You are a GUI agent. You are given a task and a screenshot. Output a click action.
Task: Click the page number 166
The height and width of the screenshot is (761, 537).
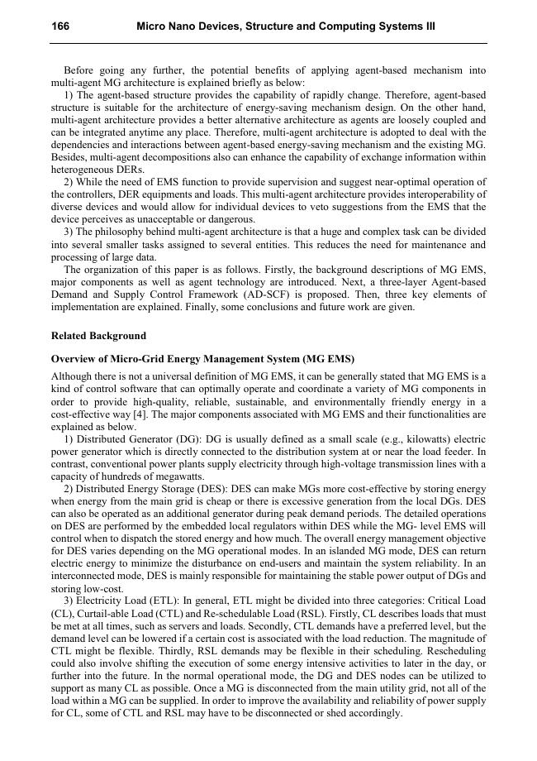[x=60, y=26]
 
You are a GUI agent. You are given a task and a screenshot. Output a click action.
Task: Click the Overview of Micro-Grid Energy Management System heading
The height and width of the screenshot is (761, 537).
[x=202, y=359]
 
